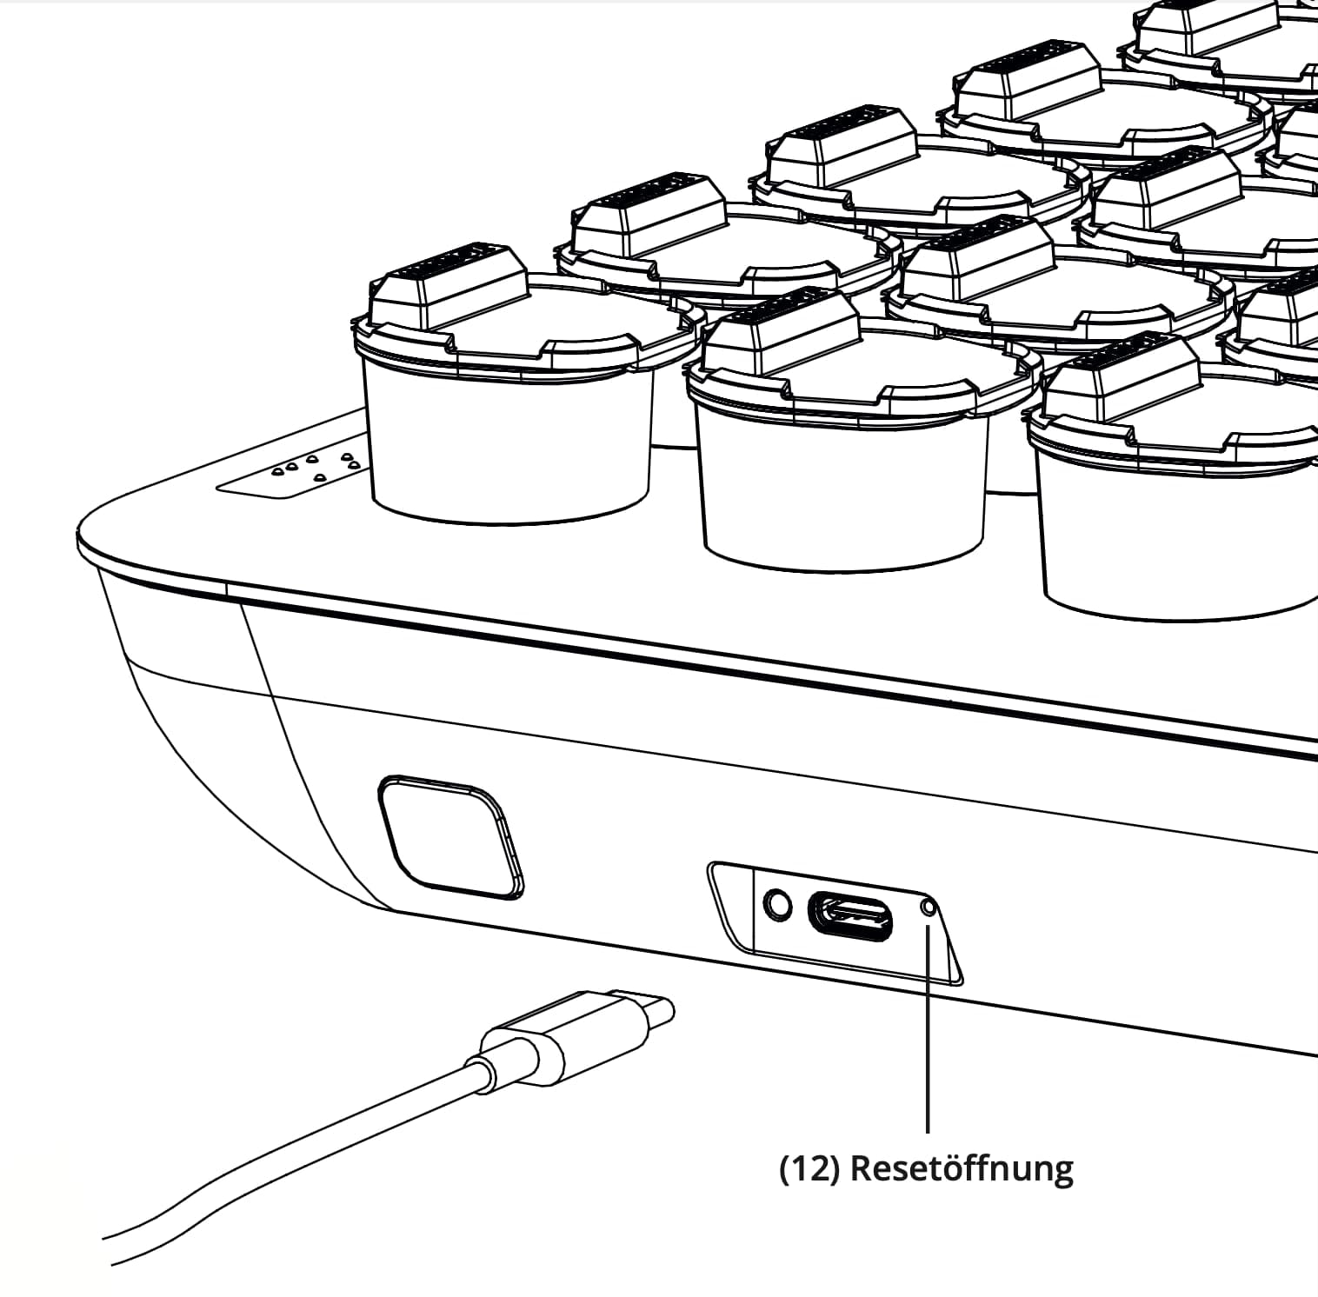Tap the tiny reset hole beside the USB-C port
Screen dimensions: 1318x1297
click(x=929, y=908)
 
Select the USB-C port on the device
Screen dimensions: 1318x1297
click(x=850, y=916)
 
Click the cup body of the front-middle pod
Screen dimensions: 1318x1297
click(x=843, y=491)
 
